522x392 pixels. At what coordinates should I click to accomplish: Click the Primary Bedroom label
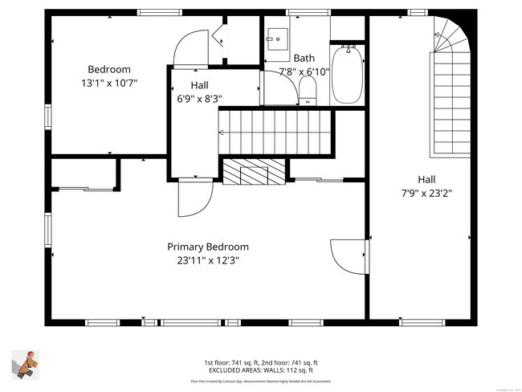(x=207, y=247)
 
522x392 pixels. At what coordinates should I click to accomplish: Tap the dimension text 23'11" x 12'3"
(x=207, y=260)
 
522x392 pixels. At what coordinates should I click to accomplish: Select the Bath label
(x=304, y=58)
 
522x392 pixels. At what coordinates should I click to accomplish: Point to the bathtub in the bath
(x=347, y=74)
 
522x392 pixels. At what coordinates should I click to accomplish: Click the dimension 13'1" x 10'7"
(x=108, y=83)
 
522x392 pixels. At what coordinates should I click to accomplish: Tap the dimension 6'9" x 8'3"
(x=199, y=99)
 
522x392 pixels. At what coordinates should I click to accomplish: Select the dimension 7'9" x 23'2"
(x=426, y=193)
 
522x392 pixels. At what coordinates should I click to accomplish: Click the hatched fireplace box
(x=253, y=171)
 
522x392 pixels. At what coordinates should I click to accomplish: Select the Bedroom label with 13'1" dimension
(x=108, y=69)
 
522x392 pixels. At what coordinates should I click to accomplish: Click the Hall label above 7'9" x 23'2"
(x=426, y=179)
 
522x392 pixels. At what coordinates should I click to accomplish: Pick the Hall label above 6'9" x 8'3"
(x=200, y=85)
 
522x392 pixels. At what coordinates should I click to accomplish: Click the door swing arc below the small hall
(x=196, y=198)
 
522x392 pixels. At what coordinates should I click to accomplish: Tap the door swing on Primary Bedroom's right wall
(x=349, y=255)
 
